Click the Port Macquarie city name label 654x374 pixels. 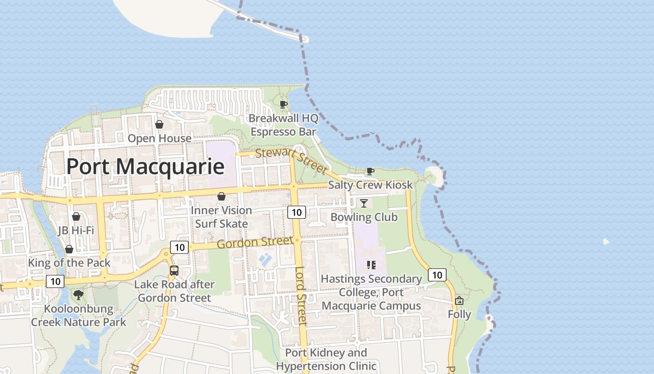pos(145,166)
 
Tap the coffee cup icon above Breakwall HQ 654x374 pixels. pos(283,104)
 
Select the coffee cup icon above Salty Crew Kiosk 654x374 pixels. pos(370,171)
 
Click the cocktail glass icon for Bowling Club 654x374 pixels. pos(364,203)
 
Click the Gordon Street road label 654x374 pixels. pos(255,243)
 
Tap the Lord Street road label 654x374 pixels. pos(301,296)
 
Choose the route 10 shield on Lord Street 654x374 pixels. pos(297,213)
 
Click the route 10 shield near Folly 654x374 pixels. pos(437,275)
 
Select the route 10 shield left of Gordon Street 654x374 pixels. pos(179,247)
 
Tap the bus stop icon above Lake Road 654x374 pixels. pos(174,270)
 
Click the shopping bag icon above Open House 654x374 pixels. pos(159,124)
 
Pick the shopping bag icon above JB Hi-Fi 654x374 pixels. pos(76,216)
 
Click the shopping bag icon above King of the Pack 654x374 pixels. pos(69,249)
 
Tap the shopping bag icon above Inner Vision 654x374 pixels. pos(221,196)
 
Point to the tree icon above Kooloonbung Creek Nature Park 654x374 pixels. pos(78,295)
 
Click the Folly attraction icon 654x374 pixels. pos(459,300)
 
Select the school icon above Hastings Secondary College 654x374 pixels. pos(371,265)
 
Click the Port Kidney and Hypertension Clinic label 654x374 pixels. pos(326,359)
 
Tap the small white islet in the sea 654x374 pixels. pos(606,242)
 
